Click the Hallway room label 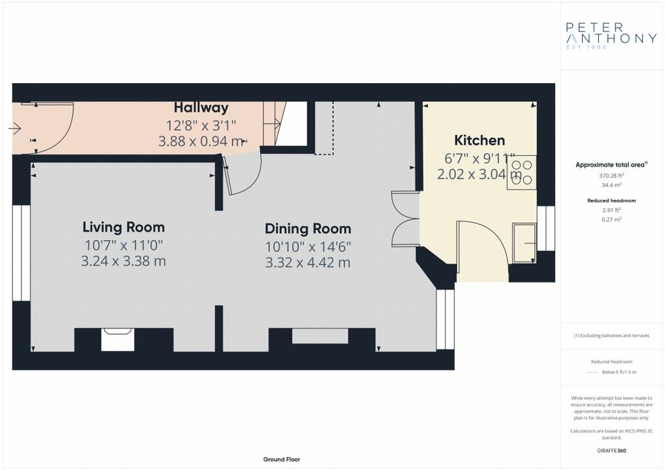click(x=201, y=108)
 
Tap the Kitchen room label click(x=479, y=140)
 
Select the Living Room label click(x=123, y=227)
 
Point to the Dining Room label click(x=308, y=229)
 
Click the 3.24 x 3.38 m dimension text click(x=123, y=261)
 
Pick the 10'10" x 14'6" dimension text click(x=308, y=247)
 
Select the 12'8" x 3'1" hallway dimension click(x=201, y=125)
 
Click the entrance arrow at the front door click(x=14, y=128)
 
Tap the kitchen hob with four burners click(x=521, y=173)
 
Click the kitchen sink click(x=524, y=243)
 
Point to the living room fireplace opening click(x=118, y=340)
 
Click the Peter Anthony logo click(x=610, y=35)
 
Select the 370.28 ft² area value click(x=612, y=175)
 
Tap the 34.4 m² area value click(x=612, y=185)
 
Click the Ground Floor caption click(x=282, y=460)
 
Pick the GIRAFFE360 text click(x=612, y=451)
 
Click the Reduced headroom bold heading click(x=612, y=201)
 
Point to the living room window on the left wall click(x=21, y=253)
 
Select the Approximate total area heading click(x=612, y=165)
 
